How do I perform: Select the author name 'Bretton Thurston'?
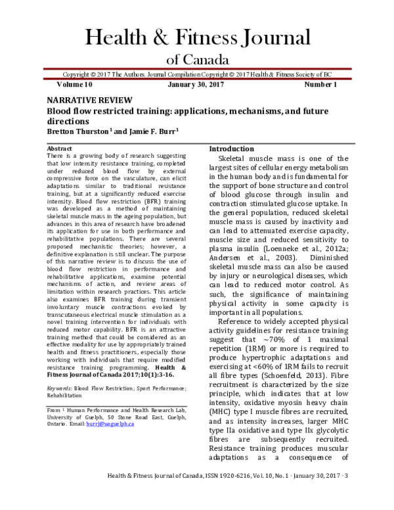click(x=78, y=131)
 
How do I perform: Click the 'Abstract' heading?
click(x=60, y=149)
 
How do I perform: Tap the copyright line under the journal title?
click(x=196, y=75)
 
